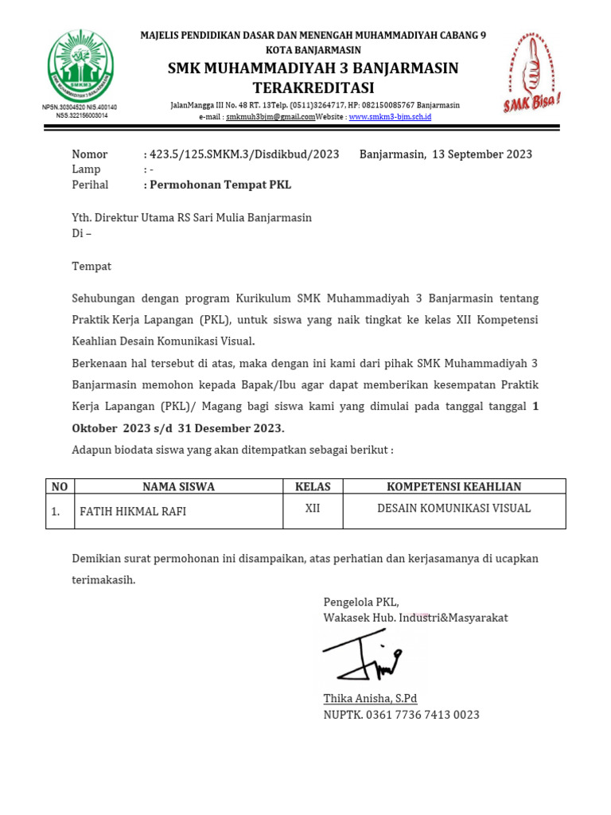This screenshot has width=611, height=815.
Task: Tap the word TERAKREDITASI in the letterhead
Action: (313, 88)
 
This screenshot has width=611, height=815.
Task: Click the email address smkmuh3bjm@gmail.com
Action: (270, 117)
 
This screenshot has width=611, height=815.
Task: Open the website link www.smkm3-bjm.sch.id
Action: (390, 117)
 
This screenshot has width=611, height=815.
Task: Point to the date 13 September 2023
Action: (482, 154)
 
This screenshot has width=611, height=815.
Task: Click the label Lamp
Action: (86, 170)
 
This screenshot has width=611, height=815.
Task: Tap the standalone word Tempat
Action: (91, 267)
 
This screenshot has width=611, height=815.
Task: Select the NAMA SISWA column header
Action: (178, 486)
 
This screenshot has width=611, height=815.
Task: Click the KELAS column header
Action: (313, 486)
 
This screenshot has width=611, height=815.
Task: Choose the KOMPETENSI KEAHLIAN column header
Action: (453, 486)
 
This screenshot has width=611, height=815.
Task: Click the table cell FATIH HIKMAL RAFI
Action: (133, 512)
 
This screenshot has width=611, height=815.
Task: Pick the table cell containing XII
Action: (313, 509)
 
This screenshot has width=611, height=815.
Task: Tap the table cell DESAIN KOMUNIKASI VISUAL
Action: (453, 509)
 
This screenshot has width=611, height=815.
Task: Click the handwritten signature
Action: (364, 656)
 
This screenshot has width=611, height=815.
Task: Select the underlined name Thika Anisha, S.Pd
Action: (370, 699)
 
